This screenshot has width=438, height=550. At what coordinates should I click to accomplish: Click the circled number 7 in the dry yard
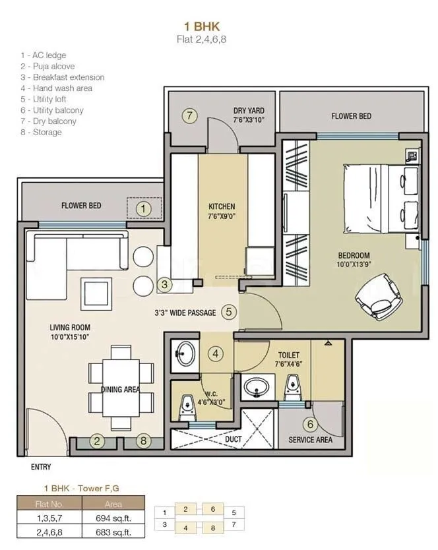pos(189,116)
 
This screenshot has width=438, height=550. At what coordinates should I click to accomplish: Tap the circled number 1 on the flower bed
pos(144,209)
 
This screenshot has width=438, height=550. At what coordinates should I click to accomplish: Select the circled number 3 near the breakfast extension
pos(165,284)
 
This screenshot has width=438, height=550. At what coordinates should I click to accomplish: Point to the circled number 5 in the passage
pos(228,312)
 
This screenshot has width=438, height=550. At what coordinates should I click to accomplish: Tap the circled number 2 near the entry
pos(97,442)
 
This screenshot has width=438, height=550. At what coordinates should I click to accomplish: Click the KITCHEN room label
pos(221,206)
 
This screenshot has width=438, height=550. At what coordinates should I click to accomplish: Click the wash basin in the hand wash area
pos(185,354)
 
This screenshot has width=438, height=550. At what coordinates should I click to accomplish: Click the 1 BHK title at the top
pos(202,26)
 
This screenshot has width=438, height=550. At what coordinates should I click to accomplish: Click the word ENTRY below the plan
pos(41,468)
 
